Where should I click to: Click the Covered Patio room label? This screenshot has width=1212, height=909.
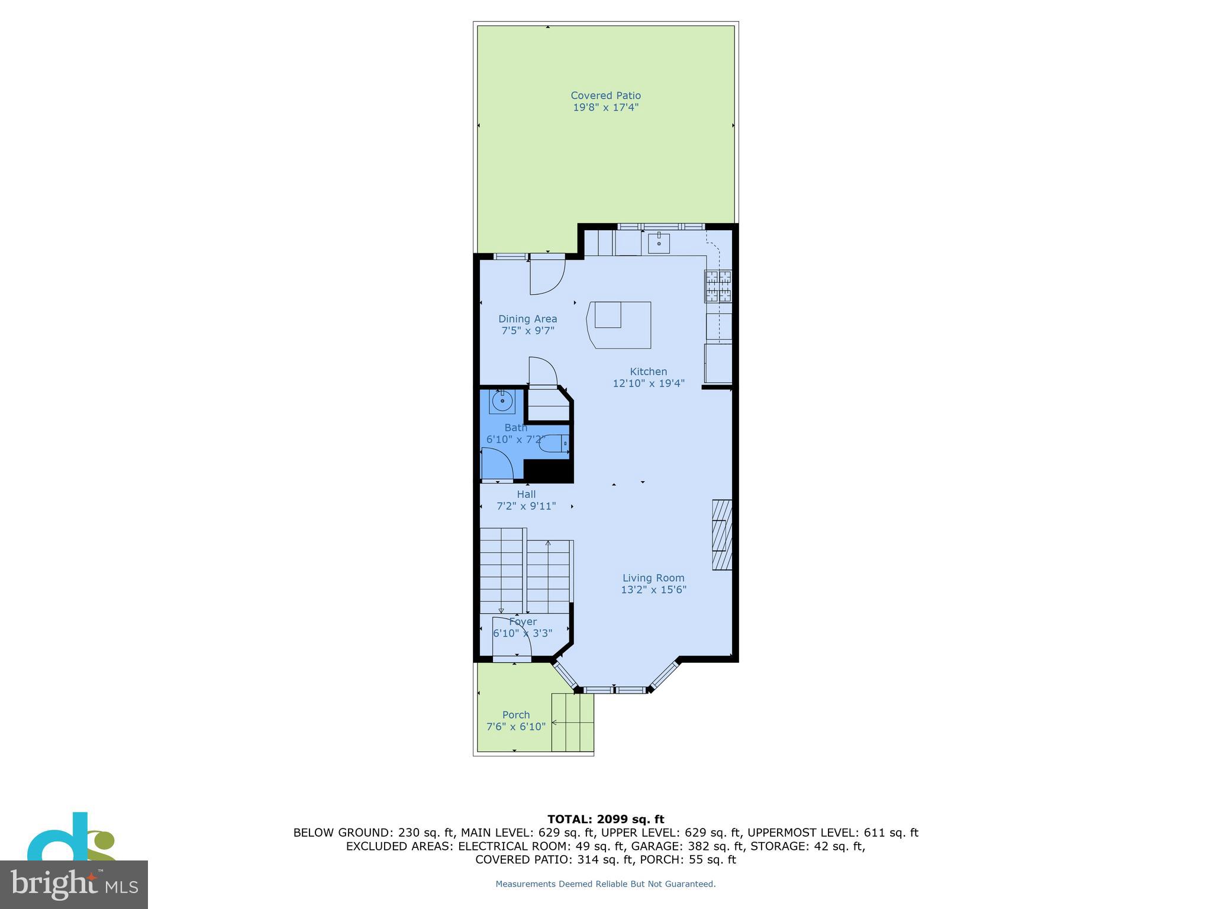click(605, 95)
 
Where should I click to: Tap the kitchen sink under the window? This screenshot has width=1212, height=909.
click(658, 243)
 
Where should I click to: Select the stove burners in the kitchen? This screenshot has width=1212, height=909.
click(718, 286)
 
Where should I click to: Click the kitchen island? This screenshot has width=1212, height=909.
click(619, 324)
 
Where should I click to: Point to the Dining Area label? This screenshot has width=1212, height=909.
click(527, 319)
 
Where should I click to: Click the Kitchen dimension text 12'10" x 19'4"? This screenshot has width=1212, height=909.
click(648, 383)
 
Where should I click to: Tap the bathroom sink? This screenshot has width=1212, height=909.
click(502, 401)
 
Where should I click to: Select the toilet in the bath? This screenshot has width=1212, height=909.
click(554, 443)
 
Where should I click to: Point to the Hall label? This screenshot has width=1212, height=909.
click(526, 494)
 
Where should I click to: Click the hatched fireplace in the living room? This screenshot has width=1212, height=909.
click(722, 535)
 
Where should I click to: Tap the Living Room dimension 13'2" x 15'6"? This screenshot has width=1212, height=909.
click(653, 589)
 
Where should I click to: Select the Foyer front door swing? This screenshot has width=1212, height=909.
click(511, 636)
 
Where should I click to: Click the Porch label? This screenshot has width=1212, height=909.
click(516, 714)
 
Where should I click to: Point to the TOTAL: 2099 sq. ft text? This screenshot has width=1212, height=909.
click(605, 819)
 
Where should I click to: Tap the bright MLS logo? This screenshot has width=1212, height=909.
click(73, 884)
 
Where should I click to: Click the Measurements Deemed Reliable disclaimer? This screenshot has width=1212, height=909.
click(605, 884)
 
